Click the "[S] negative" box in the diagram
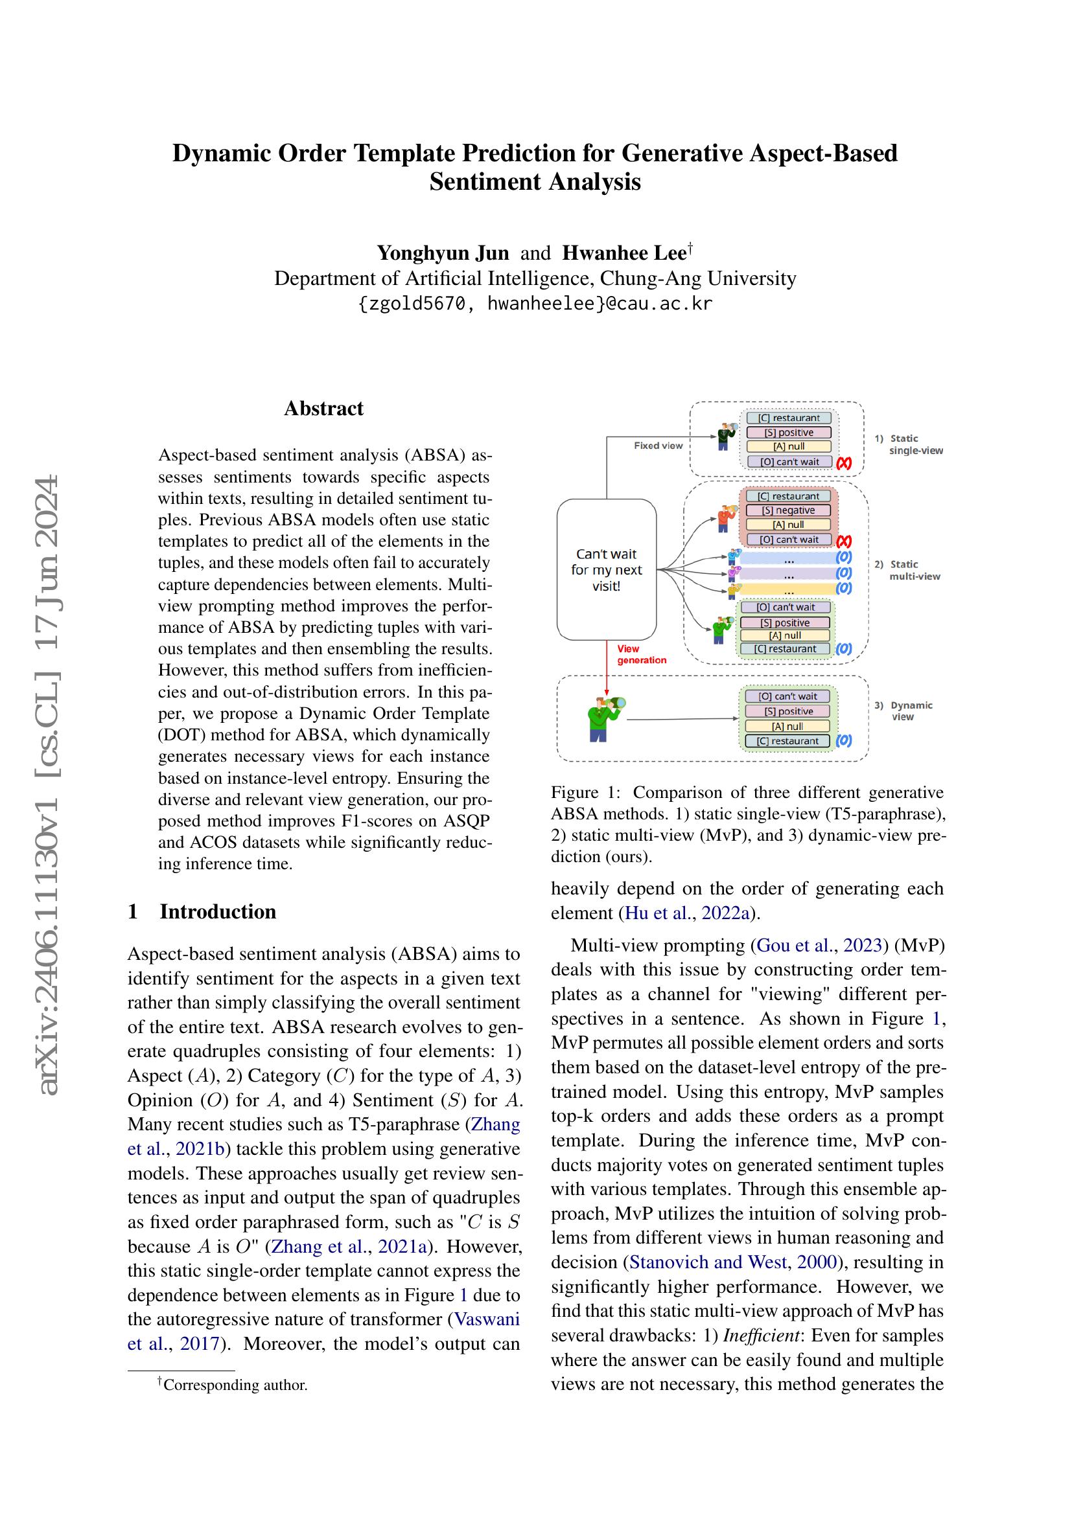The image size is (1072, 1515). coord(788,510)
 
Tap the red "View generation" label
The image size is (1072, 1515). coord(641,655)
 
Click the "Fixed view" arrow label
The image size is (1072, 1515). coord(658,446)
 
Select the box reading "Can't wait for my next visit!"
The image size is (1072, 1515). coord(606,569)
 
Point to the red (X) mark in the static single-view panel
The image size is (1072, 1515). coord(844,463)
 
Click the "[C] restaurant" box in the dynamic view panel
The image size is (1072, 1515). coord(787,741)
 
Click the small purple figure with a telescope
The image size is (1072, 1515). coord(732,573)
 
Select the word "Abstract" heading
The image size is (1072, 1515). coord(323,409)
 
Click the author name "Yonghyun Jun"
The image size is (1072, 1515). coord(443,253)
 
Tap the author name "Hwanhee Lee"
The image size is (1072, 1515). coord(623,253)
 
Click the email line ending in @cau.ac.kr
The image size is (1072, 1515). coord(535,304)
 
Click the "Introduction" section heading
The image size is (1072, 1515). coord(218,911)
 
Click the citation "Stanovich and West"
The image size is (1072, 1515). coord(708,1262)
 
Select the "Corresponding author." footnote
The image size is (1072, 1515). coord(235,1384)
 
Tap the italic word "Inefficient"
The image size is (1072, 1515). coord(762,1336)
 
